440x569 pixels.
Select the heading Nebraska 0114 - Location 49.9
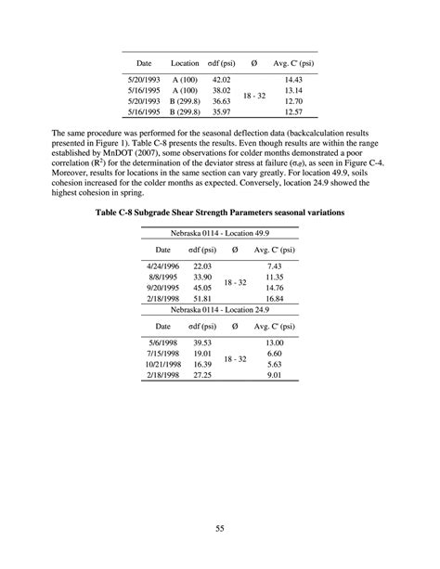(220, 233)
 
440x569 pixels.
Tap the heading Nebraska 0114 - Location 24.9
(220, 310)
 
